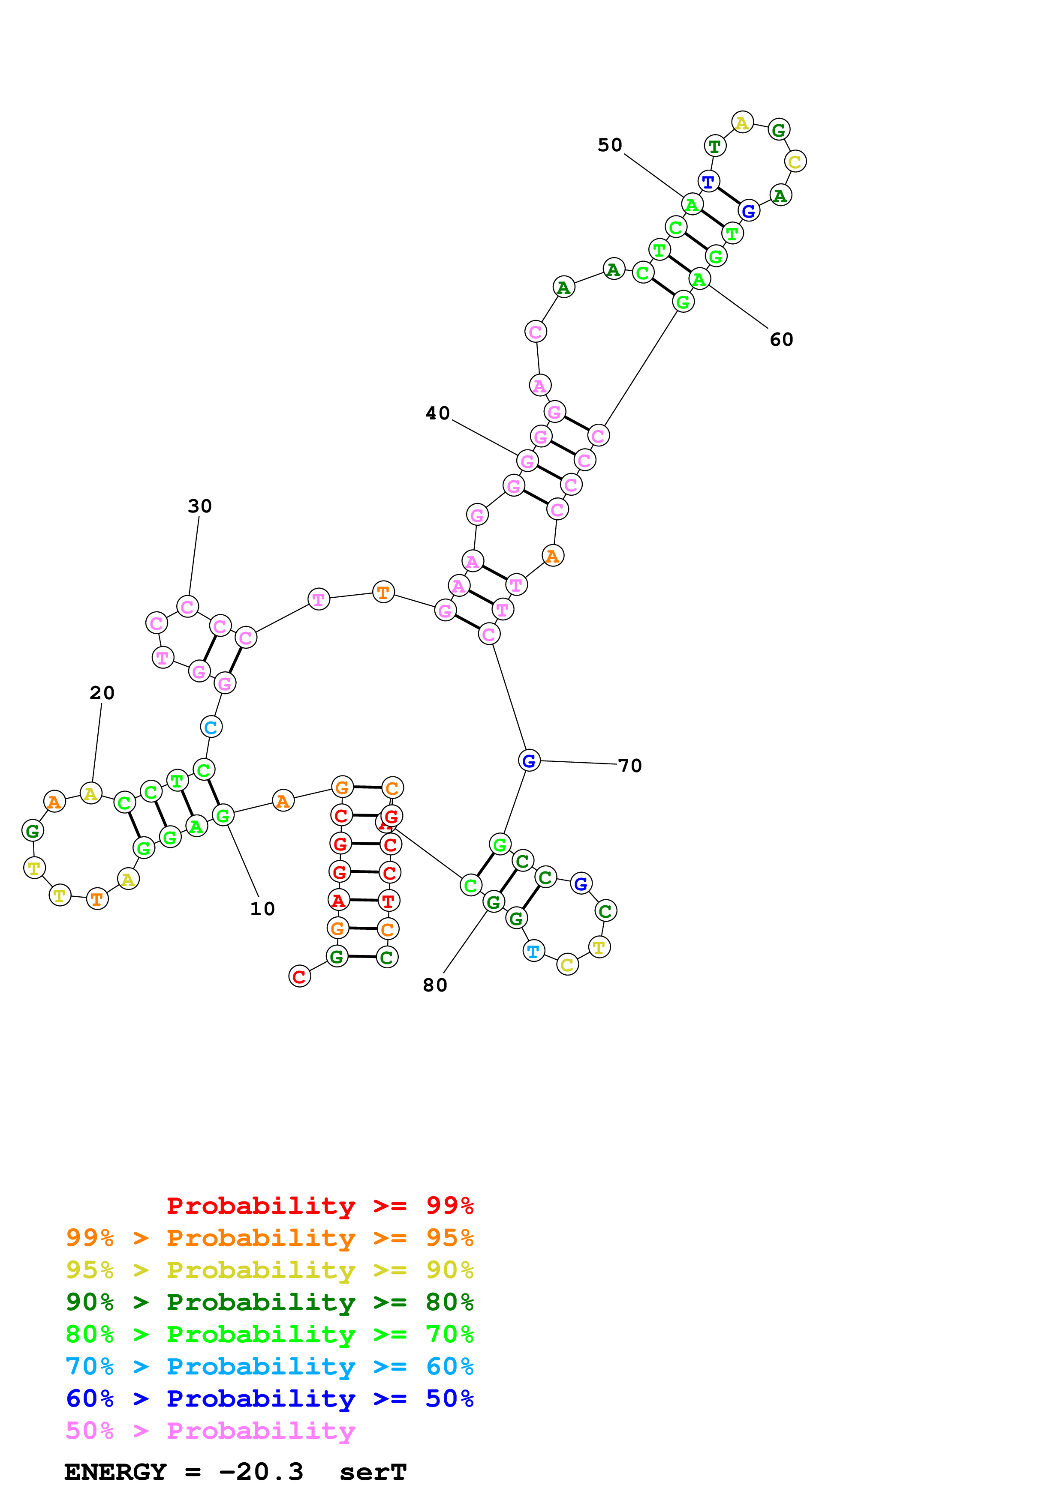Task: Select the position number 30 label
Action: click(x=200, y=506)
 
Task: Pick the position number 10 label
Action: click(x=262, y=909)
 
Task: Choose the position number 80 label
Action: click(x=435, y=985)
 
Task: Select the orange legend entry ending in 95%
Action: click(x=270, y=1238)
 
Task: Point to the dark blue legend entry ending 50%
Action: click(x=270, y=1398)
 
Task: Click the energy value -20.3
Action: click(x=261, y=1472)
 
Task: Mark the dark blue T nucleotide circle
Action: click(x=708, y=181)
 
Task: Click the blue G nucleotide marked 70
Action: click(x=529, y=760)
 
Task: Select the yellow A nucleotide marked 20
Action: click(x=90, y=793)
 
